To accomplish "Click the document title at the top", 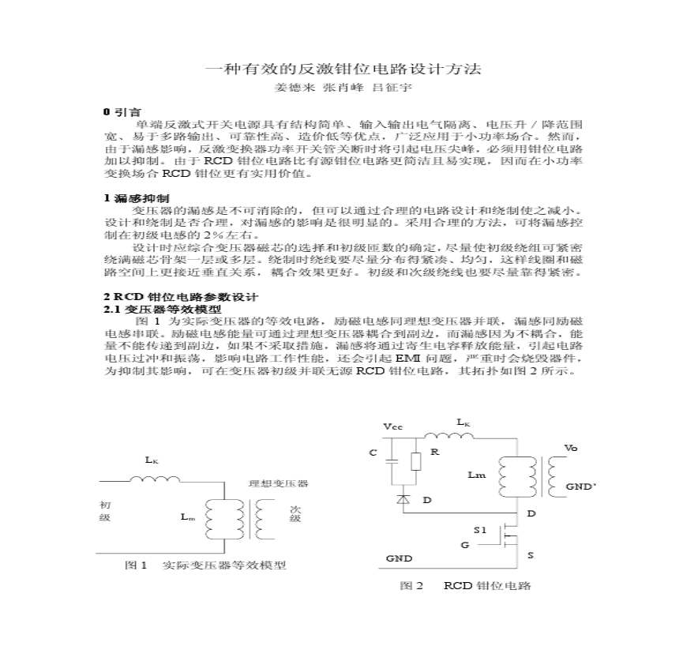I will (x=343, y=69).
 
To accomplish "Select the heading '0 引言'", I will (x=122, y=113).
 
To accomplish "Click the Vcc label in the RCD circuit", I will (x=392, y=426).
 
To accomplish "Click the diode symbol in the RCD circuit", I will (x=404, y=499).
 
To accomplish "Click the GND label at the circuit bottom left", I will (x=399, y=558).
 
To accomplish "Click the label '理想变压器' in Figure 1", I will (x=278, y=483).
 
